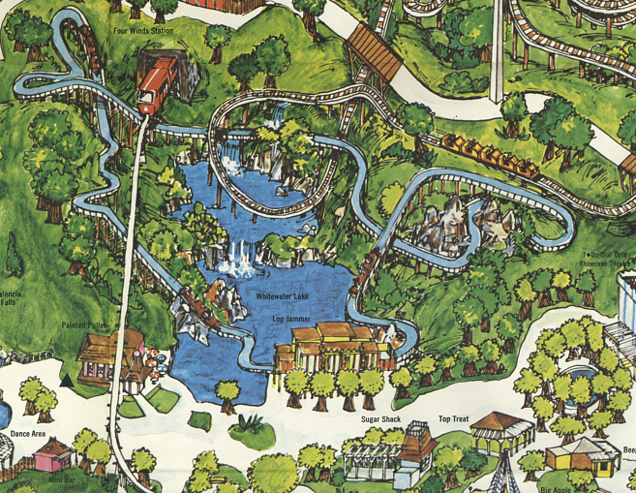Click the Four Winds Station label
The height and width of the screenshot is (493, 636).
pyautogui.click(x=144, y=29)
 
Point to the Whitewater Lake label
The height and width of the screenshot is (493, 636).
pyautogui.click(x=281, y=294)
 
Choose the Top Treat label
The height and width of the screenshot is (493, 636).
pyautogui.click(x=454, y=419)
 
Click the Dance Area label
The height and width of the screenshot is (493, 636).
pyautogui.click(x=28, y=434)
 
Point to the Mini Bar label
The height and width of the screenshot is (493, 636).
pyautogui.click(x=61, y=478)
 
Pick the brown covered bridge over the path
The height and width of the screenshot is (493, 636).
pyautogui.click(x=375, y=52)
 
